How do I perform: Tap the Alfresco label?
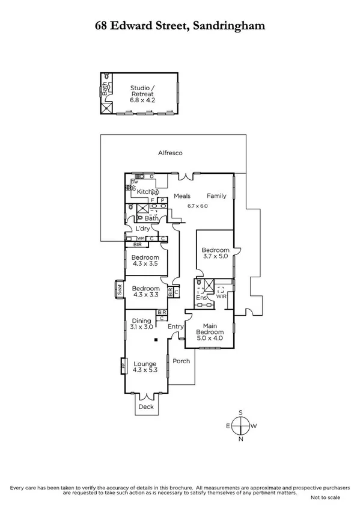point(170,153)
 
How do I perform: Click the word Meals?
point(182,196)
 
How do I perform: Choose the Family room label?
point(216,196)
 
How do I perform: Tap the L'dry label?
point(142,229)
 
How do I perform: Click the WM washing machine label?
point(132,238)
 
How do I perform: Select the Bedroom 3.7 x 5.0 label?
point(215,254)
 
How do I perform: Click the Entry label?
point(175,327)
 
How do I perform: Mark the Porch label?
point(181,361)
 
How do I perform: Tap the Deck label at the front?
point(146,407)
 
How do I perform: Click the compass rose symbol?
point(240,425)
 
